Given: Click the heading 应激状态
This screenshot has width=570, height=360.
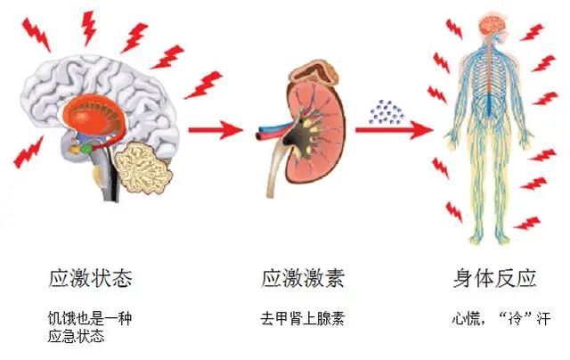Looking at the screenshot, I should [x=91, y=279].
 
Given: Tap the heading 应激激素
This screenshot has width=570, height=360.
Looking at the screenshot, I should [x=302, y=279].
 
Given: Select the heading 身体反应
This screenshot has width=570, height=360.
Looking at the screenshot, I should [x=493, y=279].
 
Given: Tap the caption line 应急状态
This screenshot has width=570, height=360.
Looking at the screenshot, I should [x=77, y=336].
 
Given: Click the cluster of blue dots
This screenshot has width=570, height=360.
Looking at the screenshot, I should [x=387, y=110].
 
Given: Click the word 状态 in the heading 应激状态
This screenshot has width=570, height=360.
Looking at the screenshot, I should [x=111, y=279].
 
